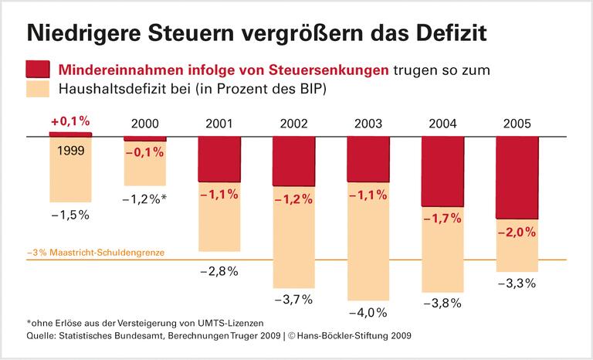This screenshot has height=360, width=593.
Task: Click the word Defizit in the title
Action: point(449,33)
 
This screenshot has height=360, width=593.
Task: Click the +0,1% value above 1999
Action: point(70,121)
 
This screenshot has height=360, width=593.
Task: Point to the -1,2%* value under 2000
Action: point(144,199)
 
